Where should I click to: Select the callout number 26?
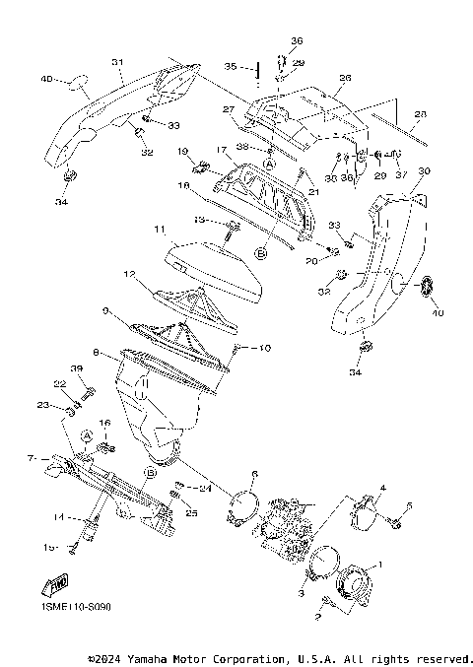344,78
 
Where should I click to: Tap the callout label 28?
421,115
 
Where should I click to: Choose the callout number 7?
32,458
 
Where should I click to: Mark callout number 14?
60,516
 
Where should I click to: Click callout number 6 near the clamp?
253,474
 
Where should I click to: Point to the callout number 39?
77,368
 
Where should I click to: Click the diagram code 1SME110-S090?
77,608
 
